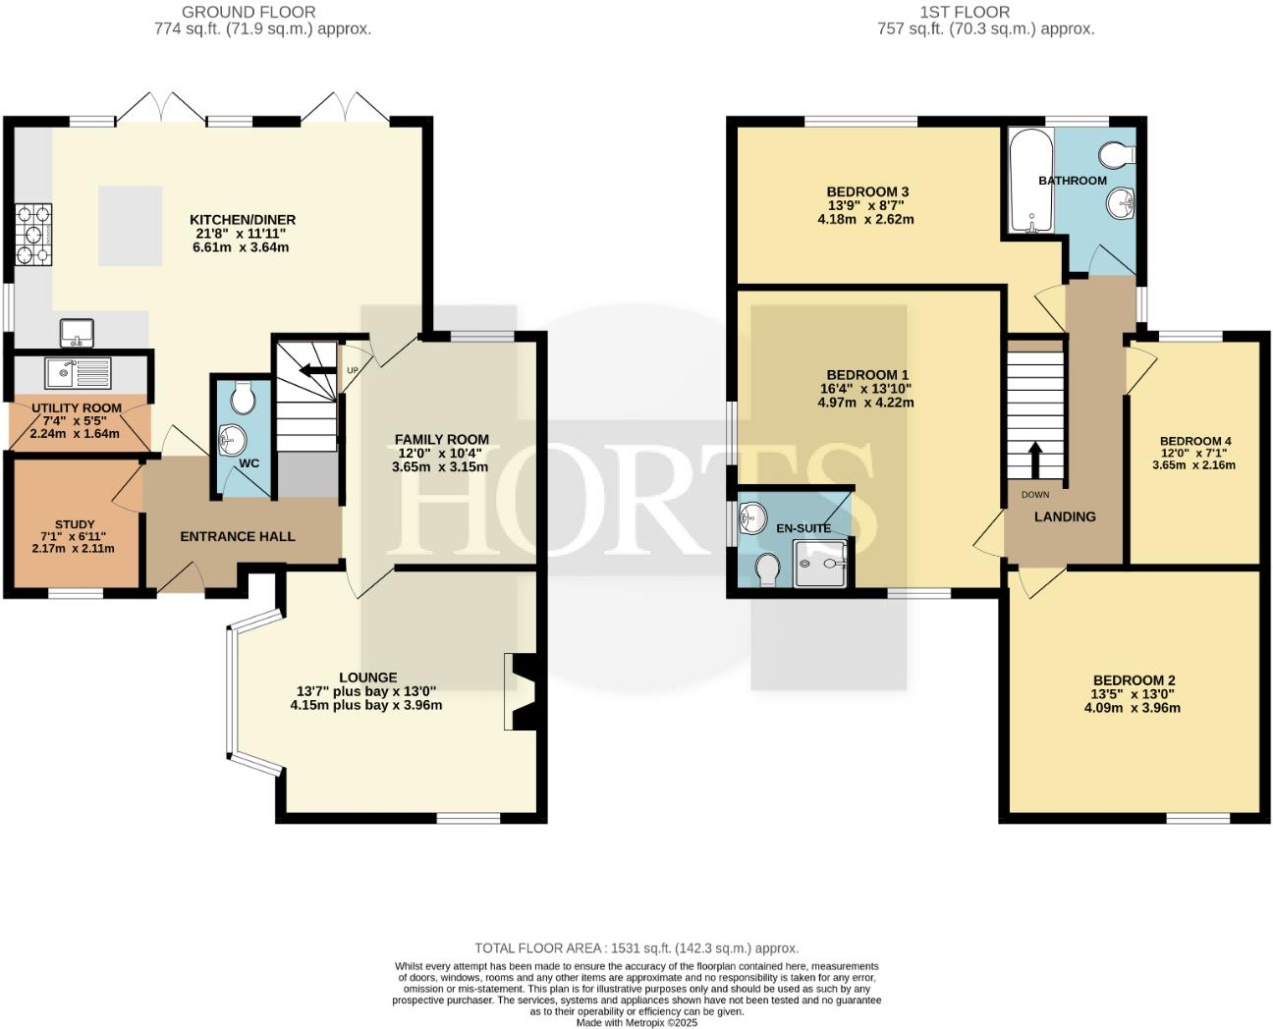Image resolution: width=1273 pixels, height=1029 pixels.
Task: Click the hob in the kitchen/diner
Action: tap(32, 235)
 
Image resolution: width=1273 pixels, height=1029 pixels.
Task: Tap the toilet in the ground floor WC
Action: tap(242, 398)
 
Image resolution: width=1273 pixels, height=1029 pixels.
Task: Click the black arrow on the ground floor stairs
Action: tap(316, 370)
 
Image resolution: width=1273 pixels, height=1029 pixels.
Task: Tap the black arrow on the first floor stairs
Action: tap(1034, 458)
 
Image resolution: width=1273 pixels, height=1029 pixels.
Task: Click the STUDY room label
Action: tap(75, 524)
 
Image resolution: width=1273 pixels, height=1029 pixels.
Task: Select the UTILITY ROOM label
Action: tap(77, 407)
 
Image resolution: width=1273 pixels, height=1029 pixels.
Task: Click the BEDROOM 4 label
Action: tap(1194, 441)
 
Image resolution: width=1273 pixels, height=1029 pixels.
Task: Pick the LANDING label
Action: tap(1065, 516)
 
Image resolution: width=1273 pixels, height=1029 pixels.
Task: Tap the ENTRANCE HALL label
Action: tap(238, 536)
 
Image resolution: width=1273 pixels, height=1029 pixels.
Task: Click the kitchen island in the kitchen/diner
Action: tap(130, 226)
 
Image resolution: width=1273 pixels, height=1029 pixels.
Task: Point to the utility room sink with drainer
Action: tap(78, 372)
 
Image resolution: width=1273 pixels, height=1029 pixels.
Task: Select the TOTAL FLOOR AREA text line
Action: tap(636, 948)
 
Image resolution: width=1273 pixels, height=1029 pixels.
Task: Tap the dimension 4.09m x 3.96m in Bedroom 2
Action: tap(1135, 707)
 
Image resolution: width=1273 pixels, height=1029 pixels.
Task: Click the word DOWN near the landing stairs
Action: tap(1035, 494)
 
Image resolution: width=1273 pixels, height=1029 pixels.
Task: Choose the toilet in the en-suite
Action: tap(766, 568)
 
